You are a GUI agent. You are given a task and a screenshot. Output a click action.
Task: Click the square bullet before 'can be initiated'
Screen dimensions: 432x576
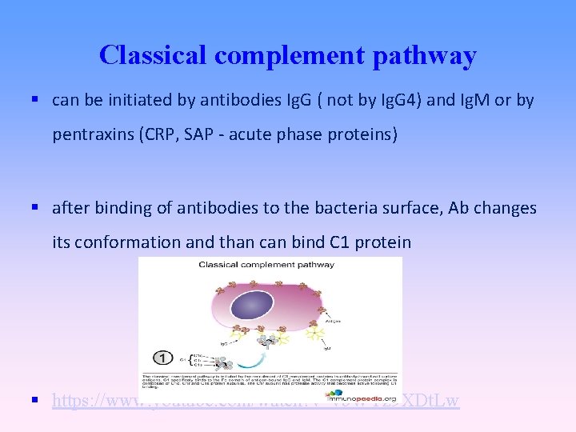[36, 100]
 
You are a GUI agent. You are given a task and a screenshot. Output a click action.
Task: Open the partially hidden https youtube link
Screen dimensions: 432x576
[256, 400]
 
